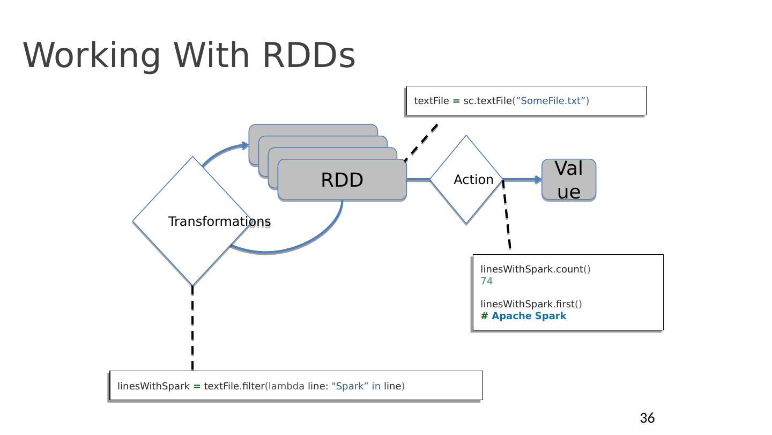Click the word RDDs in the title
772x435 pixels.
pyautogui.click(x=308, y=55)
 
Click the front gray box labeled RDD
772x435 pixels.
pyautogui.click(x=342, y=180)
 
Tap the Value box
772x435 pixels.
pyautogui.click(x=569, y=180)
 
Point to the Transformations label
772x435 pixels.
pyautogui.click(x=219, y=222)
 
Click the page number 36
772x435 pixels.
pyautogui.click(x=647, y=418)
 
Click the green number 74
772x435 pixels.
pyautogui.click(x=487, y=281)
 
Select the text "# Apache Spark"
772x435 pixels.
pyautogui.click(x=523, y=316)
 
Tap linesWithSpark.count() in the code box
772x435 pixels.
pyautogui.click(x=535, y=269)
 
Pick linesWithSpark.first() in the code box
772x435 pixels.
pyautogui.click(x=531, y=304)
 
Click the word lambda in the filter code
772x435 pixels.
pyautogui.click(x=286, y=386)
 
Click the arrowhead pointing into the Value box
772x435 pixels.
pyautogui.click(x=538, y=180)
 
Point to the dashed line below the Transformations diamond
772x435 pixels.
pyautogui.click(x=192, y=327)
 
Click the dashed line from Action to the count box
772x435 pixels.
pyautogui.click(x=507, y=215)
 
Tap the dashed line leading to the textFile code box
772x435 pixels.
pyautogui.click(x=421, y=142)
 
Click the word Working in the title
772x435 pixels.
pyautogui.click(x=92, y=55)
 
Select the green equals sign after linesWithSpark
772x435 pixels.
pyautogui.click(x=197, y=386)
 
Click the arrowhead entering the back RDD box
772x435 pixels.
pyautogui.click(x=245, y=145)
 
